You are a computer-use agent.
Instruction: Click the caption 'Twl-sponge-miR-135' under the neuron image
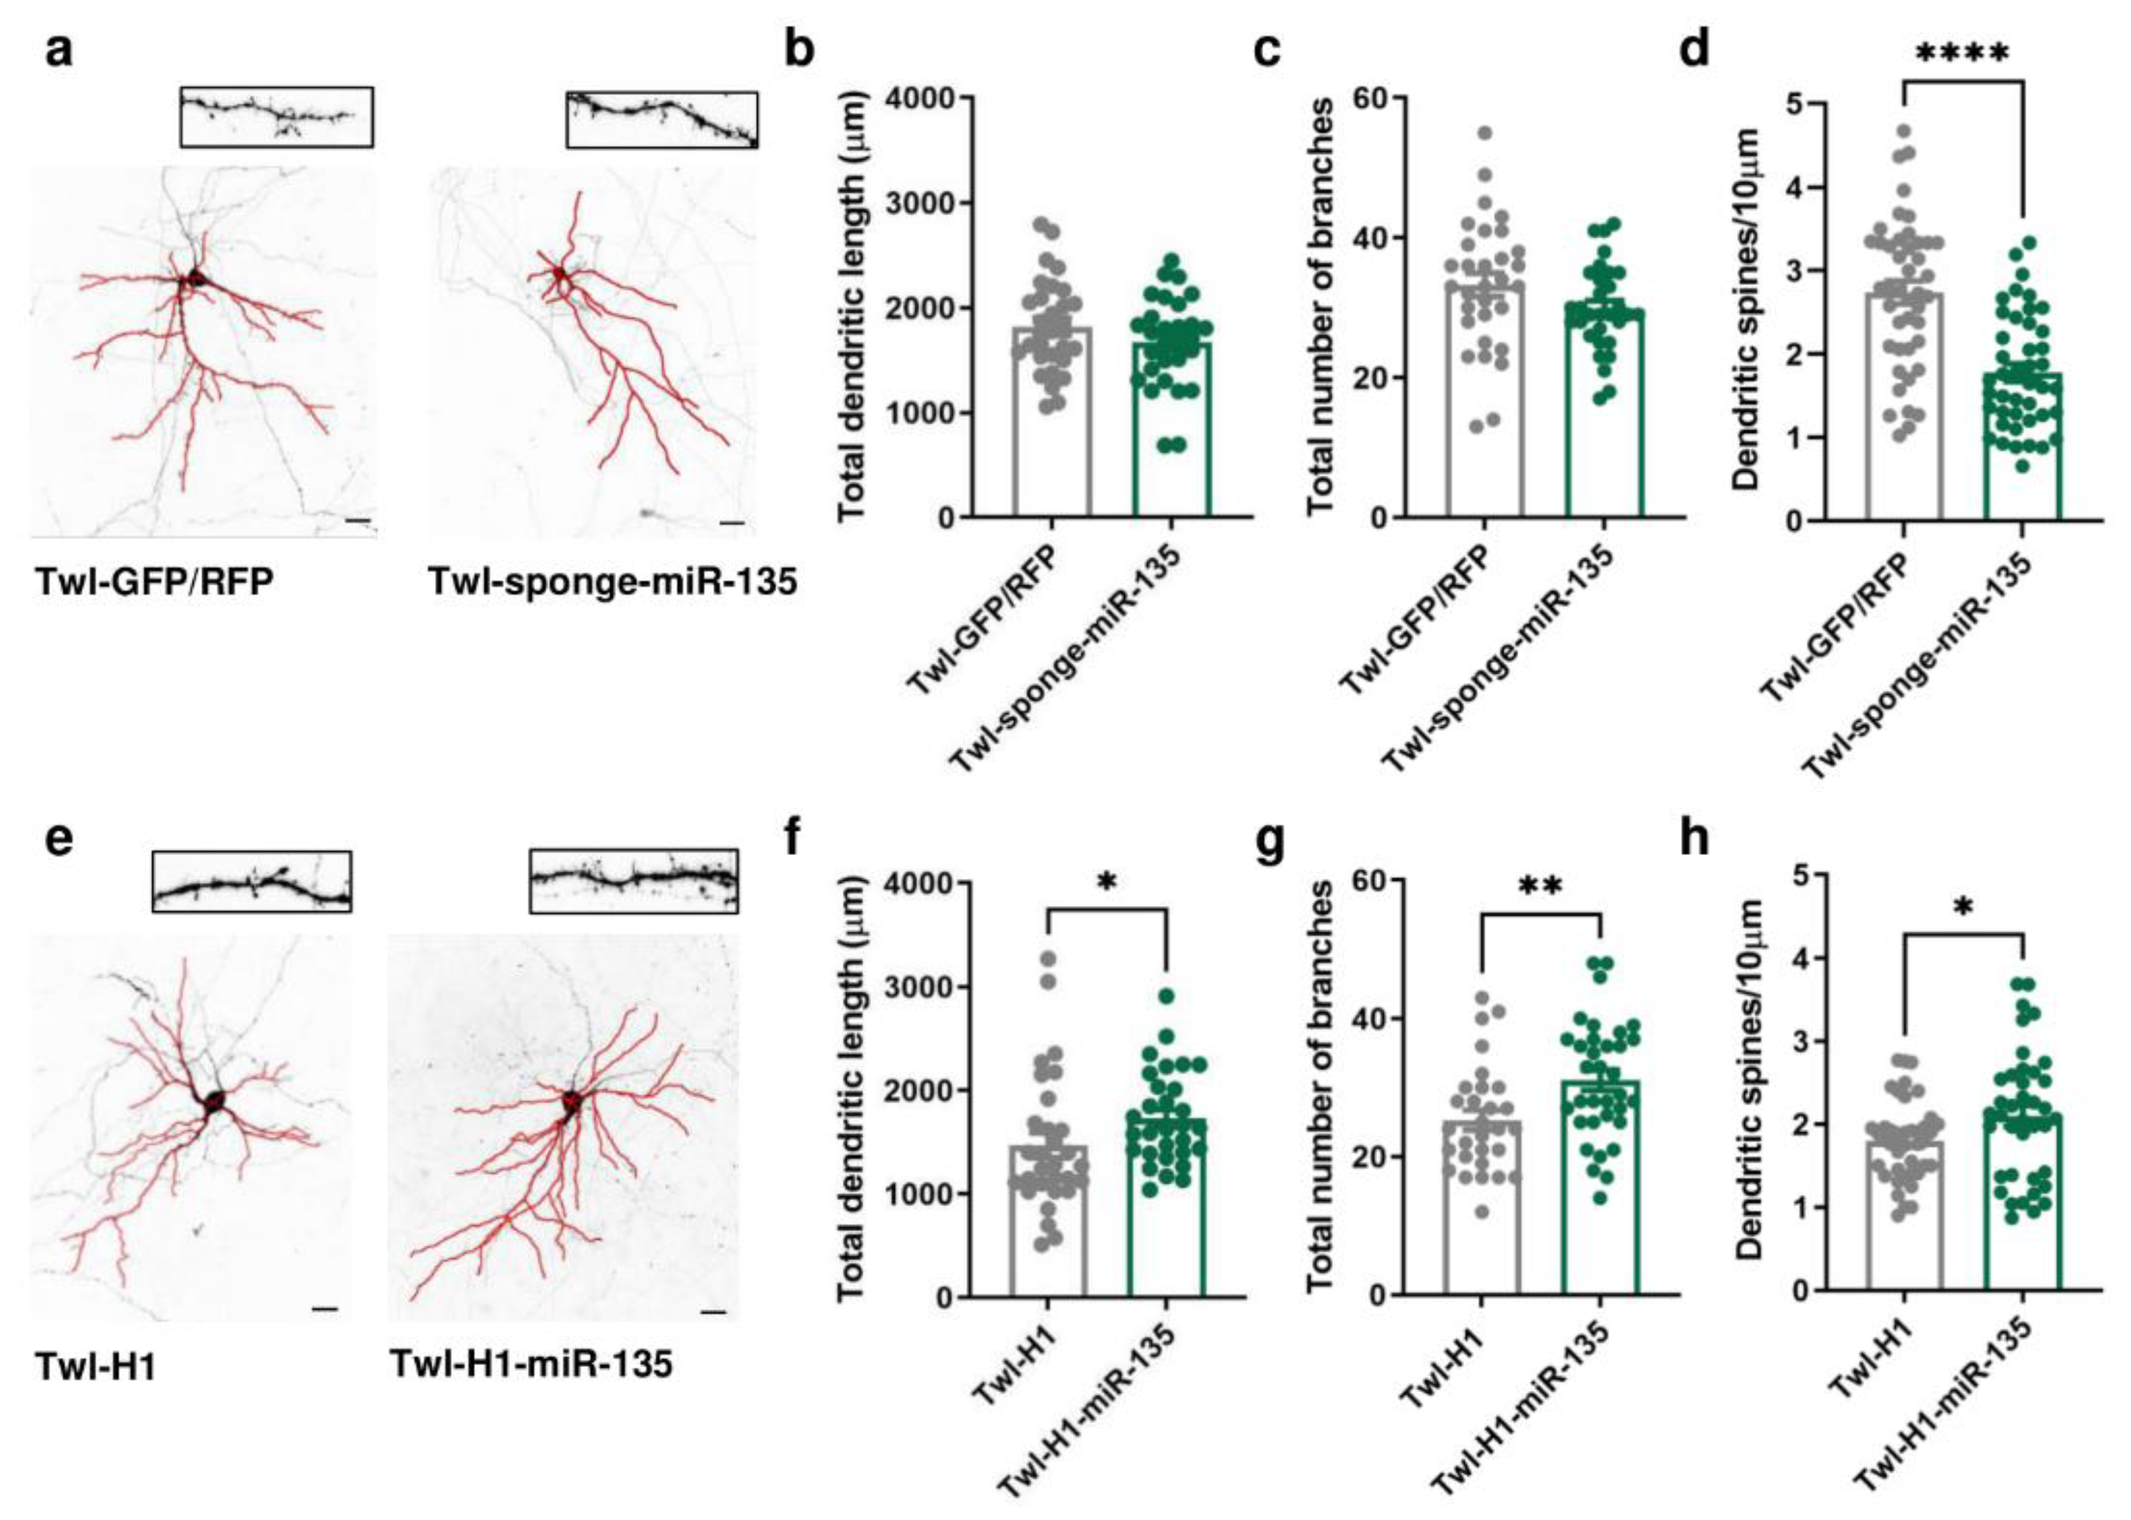(612, 582)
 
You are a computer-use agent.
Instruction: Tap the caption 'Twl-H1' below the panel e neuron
(95, 1368)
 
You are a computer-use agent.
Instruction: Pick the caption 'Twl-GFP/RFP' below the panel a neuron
(154, 582)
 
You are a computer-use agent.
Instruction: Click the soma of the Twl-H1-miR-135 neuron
(570, 1103)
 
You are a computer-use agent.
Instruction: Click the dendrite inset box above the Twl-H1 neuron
(252, 881)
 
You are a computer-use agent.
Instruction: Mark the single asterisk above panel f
(1107, 883)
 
